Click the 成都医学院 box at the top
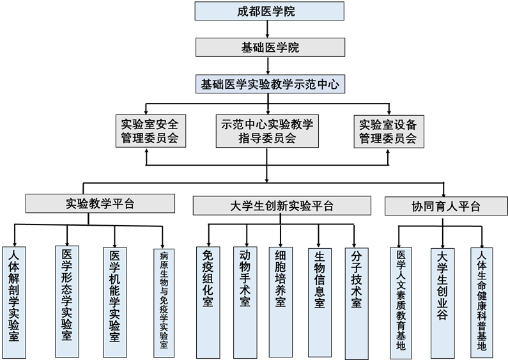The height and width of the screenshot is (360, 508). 269,11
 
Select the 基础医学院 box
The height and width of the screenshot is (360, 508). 270,47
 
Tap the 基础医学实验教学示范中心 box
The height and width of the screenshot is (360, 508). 270,84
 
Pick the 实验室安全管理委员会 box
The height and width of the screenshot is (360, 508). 151,130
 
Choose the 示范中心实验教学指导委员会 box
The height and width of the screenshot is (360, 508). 266,130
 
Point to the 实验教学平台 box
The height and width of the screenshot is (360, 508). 100,203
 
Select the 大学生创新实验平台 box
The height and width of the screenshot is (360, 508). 282,205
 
